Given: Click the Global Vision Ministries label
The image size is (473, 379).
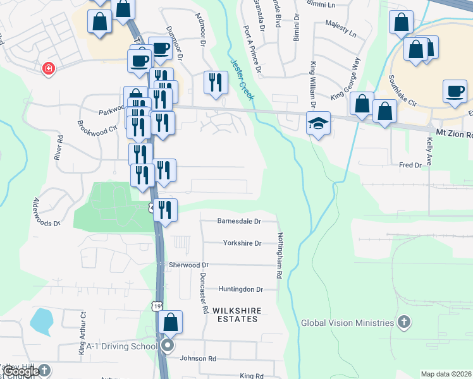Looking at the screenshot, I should pos(347,323).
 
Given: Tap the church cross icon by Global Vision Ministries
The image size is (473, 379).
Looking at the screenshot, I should pos(404,323).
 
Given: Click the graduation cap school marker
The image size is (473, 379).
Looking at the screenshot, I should pos(319,123).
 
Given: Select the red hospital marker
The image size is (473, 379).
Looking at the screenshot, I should pos(48,68).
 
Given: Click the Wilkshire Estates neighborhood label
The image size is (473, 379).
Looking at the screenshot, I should pos(235,315).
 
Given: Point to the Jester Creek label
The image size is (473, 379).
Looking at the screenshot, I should pos(242,79).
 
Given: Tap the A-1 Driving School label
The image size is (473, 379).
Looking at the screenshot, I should pos(122,346).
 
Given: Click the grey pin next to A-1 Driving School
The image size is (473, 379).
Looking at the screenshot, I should pos(168,346).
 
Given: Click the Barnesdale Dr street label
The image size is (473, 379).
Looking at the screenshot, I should pos(239,222).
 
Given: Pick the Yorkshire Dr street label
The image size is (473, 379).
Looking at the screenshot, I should pos(242,243).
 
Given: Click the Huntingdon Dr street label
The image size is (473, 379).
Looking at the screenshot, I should pos(240,289).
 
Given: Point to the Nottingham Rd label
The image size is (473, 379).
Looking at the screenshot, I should pos(279,256).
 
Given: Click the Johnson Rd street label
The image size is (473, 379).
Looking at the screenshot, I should pos(198,359).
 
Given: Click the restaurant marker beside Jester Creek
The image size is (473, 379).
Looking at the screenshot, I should pos(216,83).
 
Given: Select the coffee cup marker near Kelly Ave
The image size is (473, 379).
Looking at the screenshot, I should pos(455,92).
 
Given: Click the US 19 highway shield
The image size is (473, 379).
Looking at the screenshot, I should pos(157,306).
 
